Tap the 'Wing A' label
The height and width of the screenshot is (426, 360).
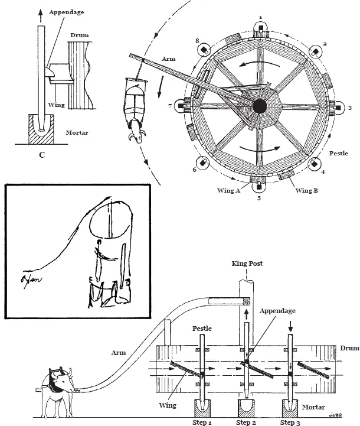tap(228, 190)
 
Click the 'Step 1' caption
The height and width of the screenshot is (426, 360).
tap(201, 422)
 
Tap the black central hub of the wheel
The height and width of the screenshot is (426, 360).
tap(258, 106)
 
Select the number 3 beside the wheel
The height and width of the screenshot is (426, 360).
tap(350, 108)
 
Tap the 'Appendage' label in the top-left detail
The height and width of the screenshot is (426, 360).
tap(66, 11)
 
